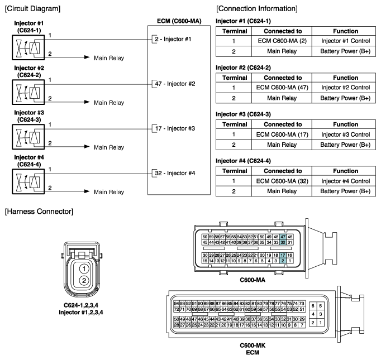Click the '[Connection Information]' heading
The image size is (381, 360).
pos(256,9)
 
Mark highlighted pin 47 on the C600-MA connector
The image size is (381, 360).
pos(283,237)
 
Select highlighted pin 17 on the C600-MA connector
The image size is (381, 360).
pos(283,255)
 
